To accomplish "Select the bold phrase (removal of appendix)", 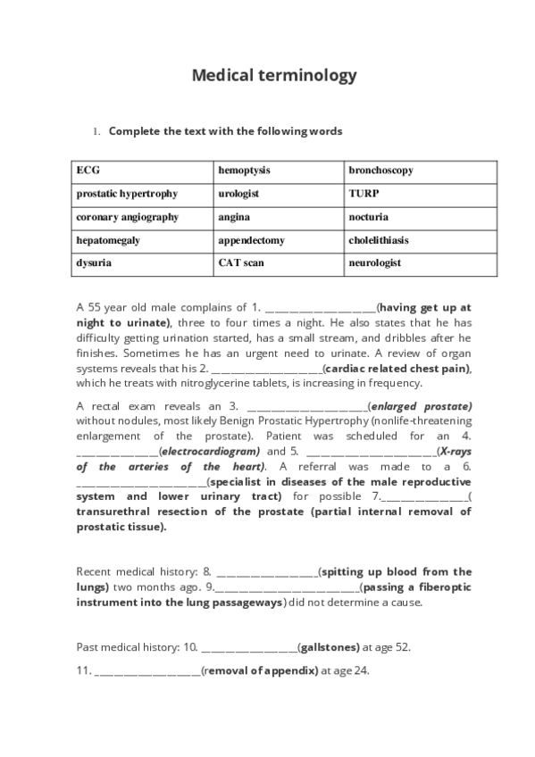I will (x=260, y=670).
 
